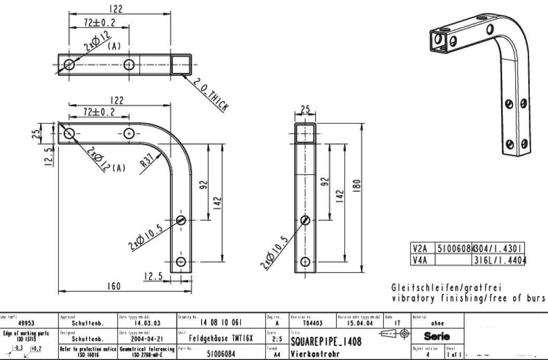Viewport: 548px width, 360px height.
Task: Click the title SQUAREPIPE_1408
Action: tap(326, 341)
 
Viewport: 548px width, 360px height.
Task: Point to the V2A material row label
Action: tap(419, 247)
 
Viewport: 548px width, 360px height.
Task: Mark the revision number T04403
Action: tap(312, 323)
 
